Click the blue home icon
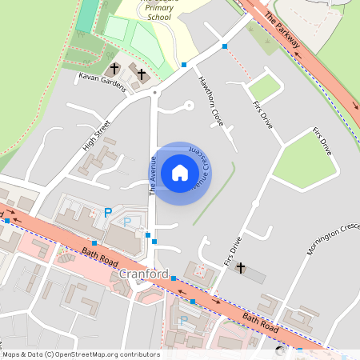tap(179, 173)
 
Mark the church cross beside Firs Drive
tap(240, 267)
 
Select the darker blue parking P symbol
tap(107, 213)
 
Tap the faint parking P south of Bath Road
tap(184, 321)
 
